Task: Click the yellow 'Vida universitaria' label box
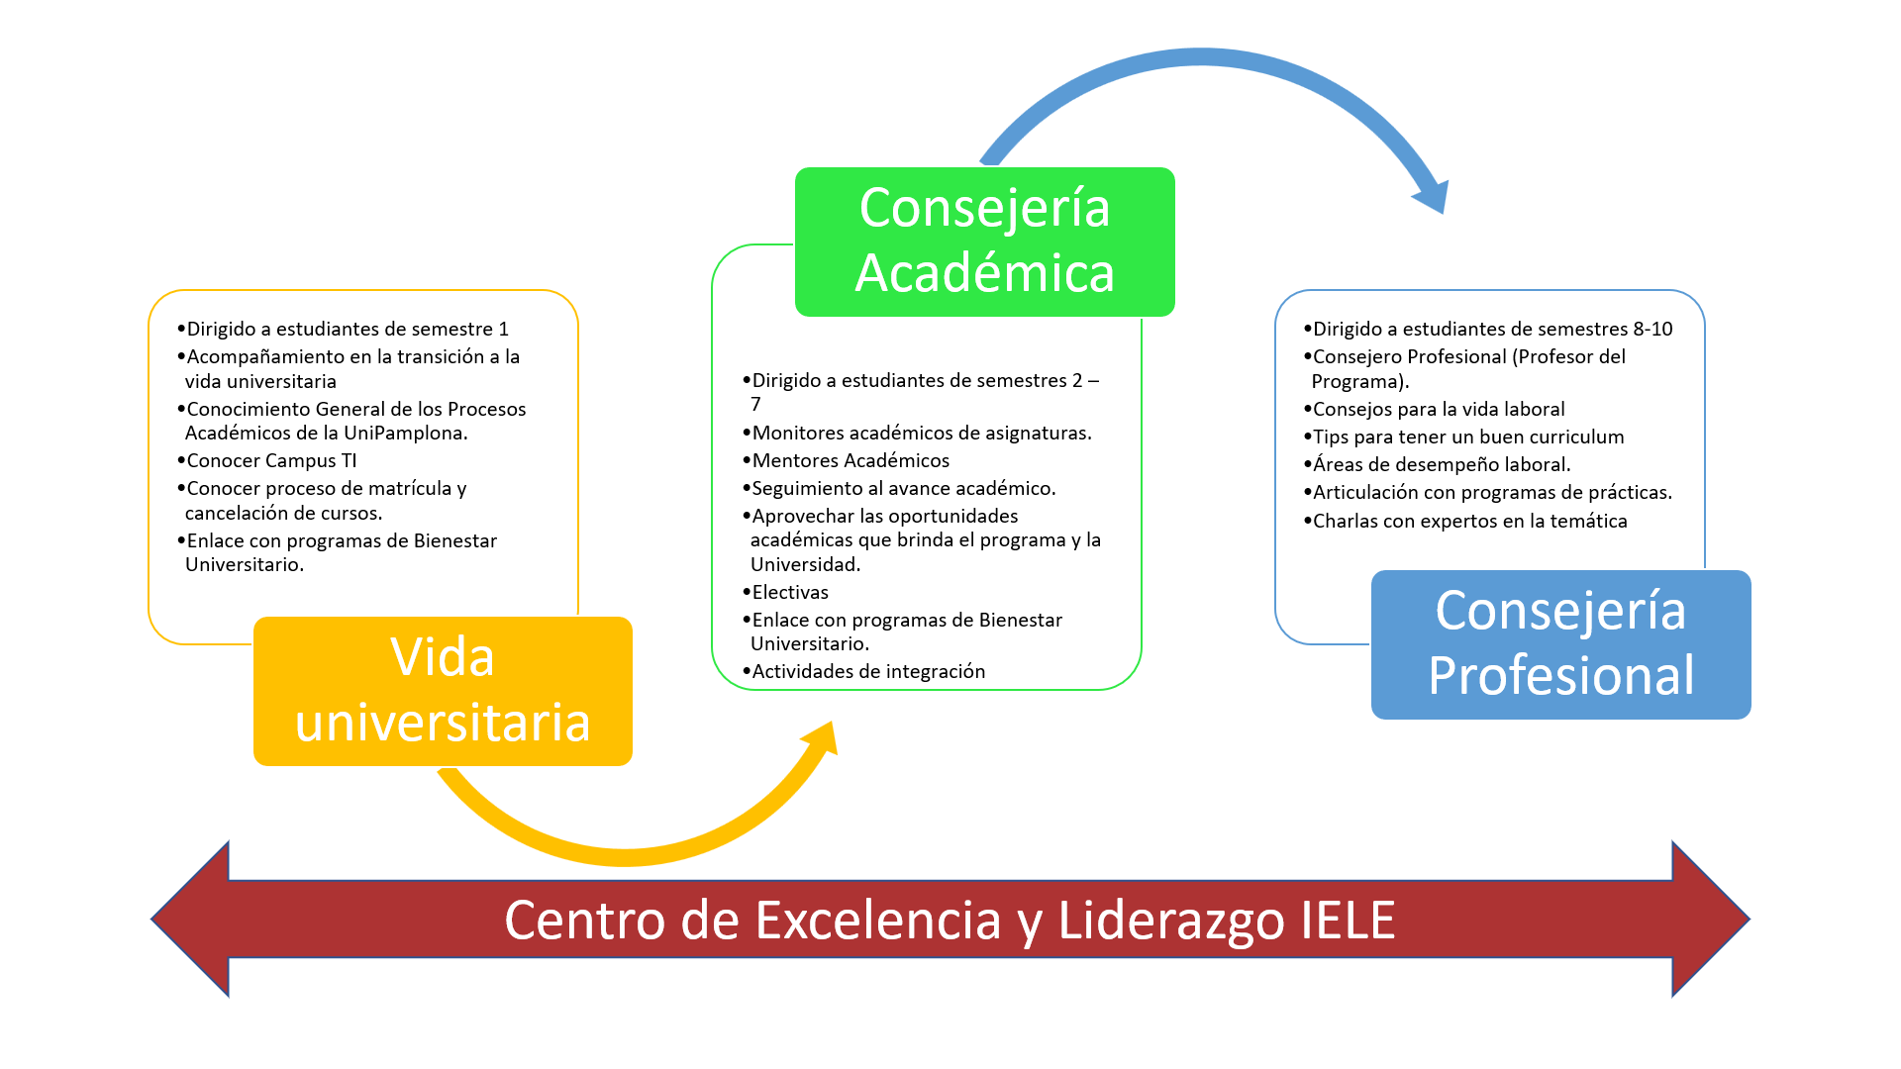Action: point(443,691)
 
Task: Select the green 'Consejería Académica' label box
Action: point(984,242)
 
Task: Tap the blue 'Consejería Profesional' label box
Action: point(1560,644)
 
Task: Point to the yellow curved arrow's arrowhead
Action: point(821,740)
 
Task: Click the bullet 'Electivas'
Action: point(790,592)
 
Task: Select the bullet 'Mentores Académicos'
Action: point(850,460)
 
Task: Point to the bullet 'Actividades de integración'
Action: point(868,671)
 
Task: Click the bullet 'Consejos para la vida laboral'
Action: point(1439,409)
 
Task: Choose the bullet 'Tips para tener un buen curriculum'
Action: point(1468,437)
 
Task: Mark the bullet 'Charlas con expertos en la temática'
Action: point(1469,521)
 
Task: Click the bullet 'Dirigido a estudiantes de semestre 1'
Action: point(348,329)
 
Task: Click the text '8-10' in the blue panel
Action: point(1652,329)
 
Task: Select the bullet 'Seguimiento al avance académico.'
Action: point(904,488)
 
